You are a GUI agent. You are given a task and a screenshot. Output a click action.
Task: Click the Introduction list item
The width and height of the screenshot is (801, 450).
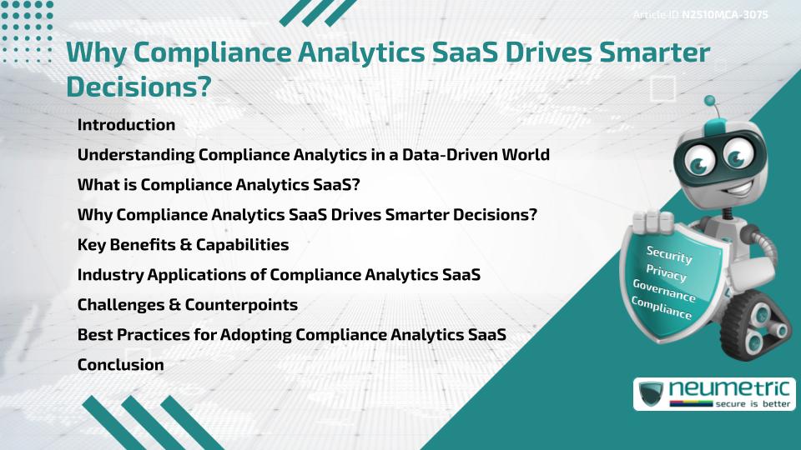(x=126, y=125)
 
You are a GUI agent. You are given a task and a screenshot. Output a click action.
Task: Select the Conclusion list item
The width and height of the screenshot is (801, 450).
(x=120, y=365)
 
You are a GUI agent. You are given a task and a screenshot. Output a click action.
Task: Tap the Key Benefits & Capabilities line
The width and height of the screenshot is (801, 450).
(x=183, y=245)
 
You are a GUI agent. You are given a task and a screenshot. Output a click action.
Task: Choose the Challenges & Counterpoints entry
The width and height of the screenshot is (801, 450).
(x=187, y=305)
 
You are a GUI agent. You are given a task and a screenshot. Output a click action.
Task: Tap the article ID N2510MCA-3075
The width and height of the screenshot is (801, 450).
(x=725, y=14)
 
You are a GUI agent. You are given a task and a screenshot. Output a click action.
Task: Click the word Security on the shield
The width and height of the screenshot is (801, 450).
(x=669, y=254)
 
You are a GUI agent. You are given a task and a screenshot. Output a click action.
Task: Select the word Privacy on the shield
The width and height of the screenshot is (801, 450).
(x=666, y=273)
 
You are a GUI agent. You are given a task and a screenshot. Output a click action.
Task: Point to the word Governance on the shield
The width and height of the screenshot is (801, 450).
(x=664, y=292)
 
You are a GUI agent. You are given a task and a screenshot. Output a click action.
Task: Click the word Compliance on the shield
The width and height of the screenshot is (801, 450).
(x=662, y=309)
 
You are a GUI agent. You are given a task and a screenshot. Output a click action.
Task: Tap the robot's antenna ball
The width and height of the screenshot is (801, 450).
(x=711, y=102)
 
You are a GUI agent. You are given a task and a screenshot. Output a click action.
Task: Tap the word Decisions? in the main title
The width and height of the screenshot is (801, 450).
(x=139, y=86)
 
